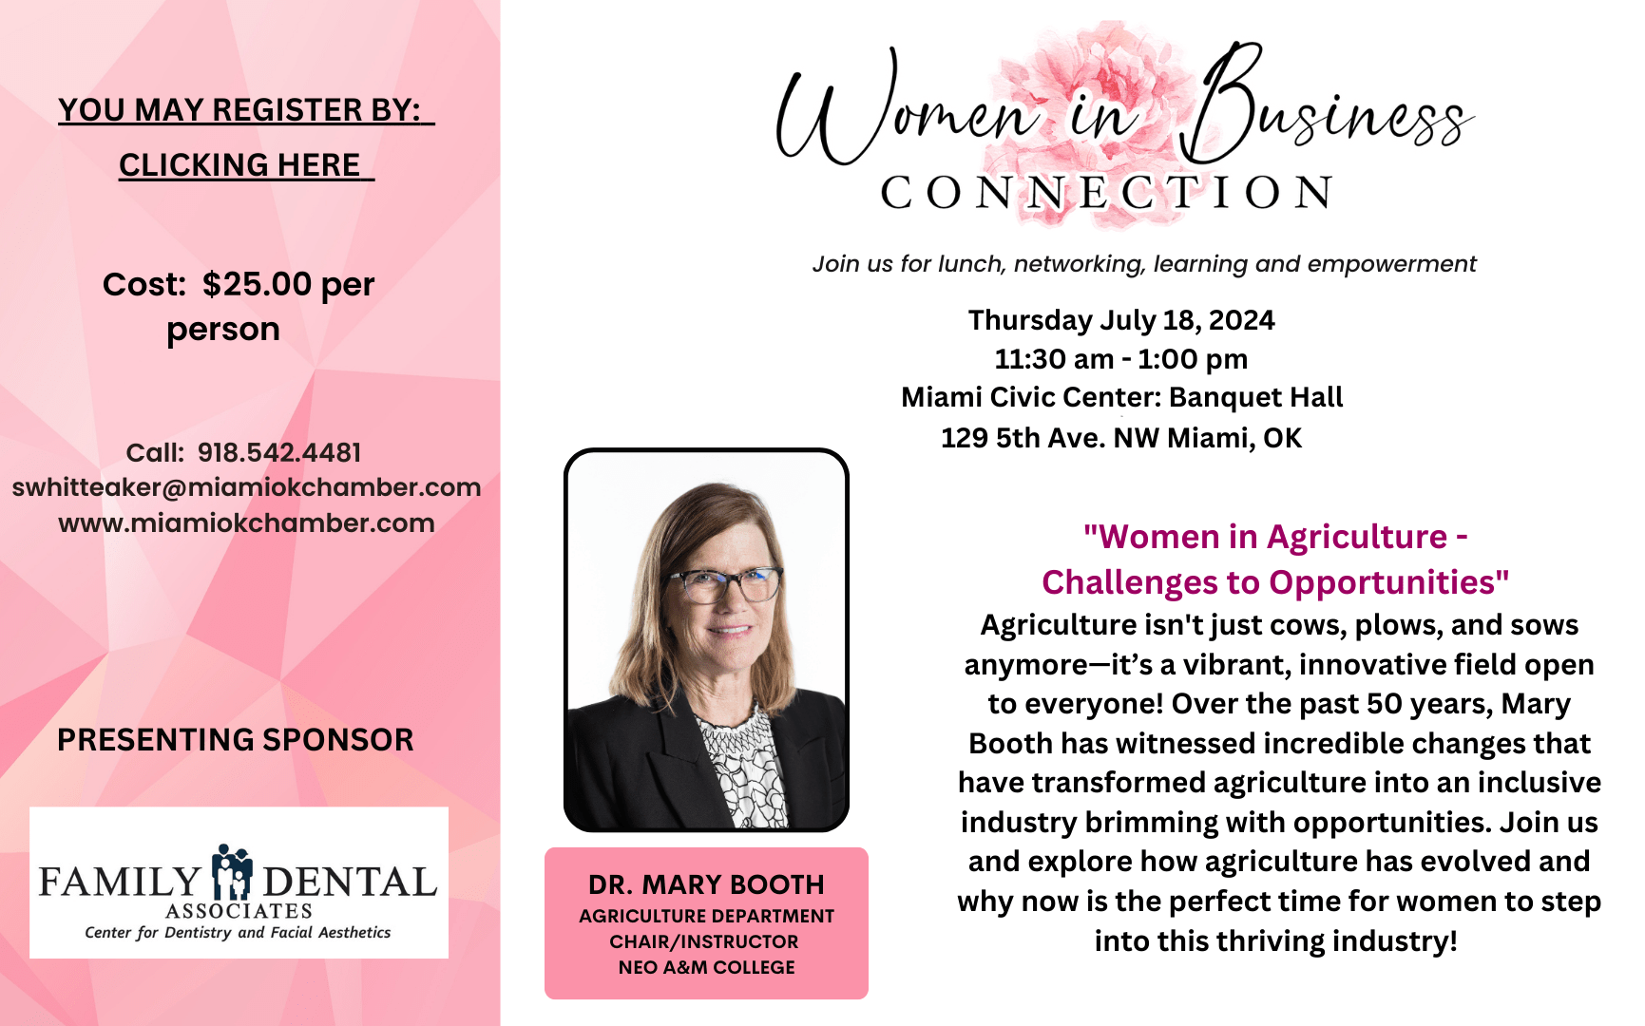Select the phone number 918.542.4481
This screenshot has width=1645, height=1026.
tap(279, 452)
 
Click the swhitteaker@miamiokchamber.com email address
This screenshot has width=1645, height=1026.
tap(246, 487)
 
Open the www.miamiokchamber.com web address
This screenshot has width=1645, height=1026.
tap(246, 522)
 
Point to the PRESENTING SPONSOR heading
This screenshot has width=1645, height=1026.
tap(236, 739)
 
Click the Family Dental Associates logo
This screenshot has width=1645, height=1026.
tap(239, 883)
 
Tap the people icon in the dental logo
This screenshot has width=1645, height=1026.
tap(232, 872)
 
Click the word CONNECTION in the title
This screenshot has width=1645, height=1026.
tap(1107, 193)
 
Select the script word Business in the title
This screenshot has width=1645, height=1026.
tap(1330, 109)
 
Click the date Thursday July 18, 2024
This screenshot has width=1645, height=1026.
tap(1121, 320)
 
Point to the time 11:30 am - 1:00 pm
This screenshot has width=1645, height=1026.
tap(1121, 359)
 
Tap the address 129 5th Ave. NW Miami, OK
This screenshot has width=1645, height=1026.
tap(1121, 438)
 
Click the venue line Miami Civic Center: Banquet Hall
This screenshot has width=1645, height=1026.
tap(1121, 397)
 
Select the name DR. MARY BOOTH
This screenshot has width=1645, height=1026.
tap(706, 884)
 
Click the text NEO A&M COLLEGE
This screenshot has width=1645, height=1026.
tap(706, 967)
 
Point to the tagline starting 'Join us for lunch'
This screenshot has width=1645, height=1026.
tap(1144, 264)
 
